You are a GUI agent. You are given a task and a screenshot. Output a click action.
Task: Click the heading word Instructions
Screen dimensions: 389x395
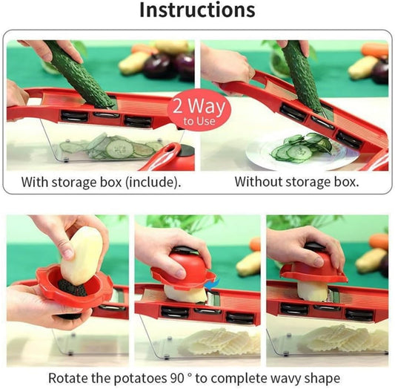[197, 10]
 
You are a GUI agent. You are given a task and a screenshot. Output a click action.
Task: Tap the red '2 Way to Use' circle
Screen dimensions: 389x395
[198, 112]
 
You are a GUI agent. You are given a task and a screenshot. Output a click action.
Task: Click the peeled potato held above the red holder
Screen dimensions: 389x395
[81, 256]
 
